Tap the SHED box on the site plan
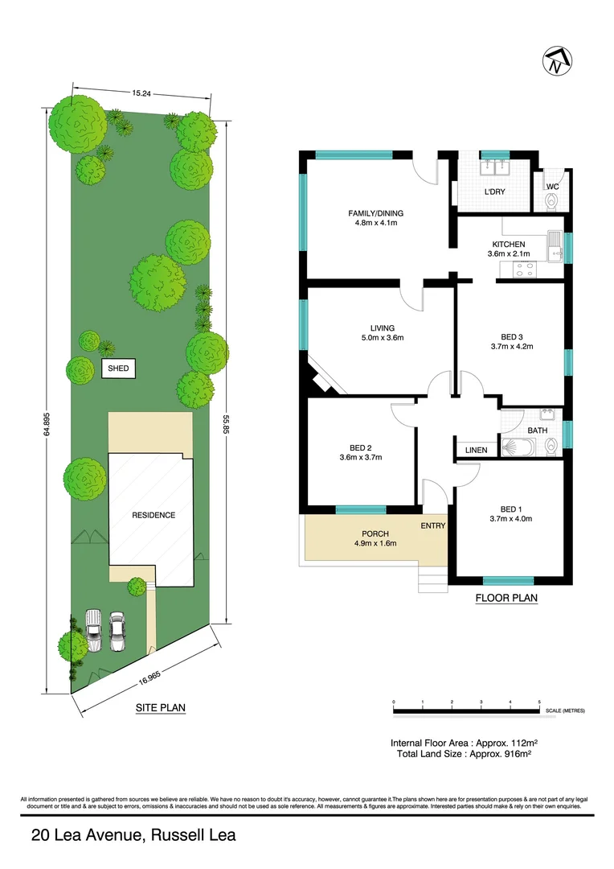tap(118, 369)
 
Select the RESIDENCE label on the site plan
tap(153, 515)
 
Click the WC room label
tap(552, 187)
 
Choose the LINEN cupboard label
tap(476, 450)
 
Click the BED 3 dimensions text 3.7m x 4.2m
tap(512, 347)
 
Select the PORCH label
tap(375, 533)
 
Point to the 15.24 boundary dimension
tap(141, 93)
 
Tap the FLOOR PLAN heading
tap(506, 598)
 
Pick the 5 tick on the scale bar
tap(539, 702)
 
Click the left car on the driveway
tap(94, 631)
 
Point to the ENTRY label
tap(433, 525)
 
